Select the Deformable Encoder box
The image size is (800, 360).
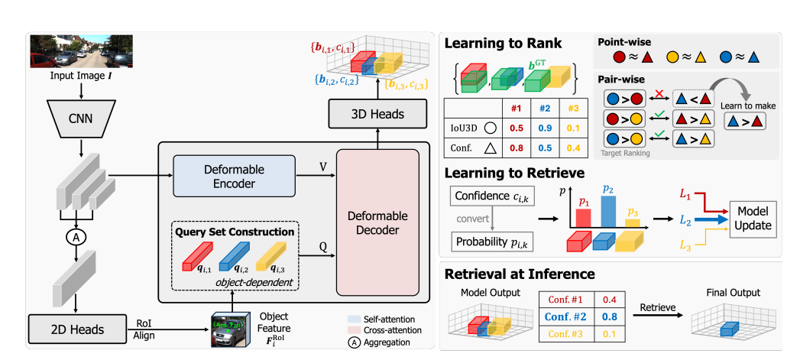(234, 176)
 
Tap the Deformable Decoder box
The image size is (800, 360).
(377, 222)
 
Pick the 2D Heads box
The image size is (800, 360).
(76, 329)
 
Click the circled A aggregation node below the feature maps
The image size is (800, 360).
(75, 237)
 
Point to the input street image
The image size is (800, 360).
(82, 51)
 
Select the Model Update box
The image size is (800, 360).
(753, 219)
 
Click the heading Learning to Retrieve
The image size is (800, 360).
(514, 174)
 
